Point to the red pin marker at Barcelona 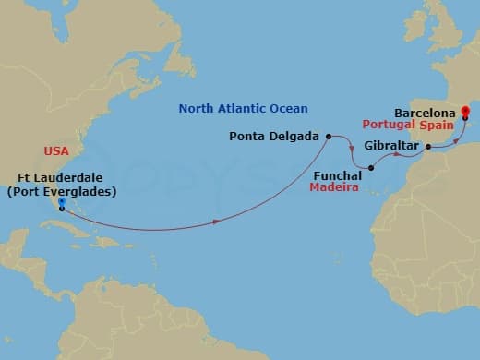(465, 114)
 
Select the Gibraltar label (391, 146)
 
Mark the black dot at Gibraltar (428, 146)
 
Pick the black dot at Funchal (370, 168)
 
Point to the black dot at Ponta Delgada (328, 136)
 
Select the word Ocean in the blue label (287, 109)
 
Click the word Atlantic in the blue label (240, 109)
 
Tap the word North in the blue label (196, 109)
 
